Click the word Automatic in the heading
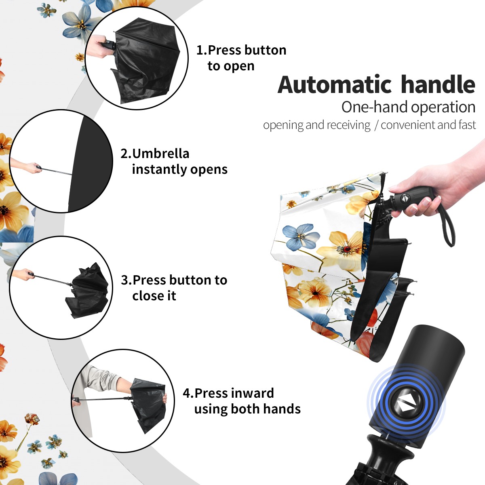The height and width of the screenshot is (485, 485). point(335,85)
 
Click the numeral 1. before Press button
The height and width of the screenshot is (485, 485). point(201,50)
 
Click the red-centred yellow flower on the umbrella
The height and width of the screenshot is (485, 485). point(345,249)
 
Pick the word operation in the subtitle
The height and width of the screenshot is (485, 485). point(443,108)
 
